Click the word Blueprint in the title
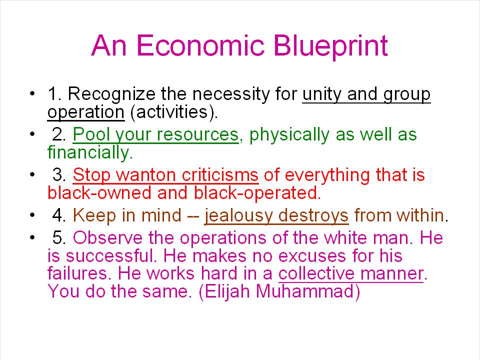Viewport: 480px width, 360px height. (331, 46)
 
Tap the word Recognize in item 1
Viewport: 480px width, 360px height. (111, 94)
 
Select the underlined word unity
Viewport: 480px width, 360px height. (321, 94)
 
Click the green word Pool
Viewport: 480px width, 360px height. (91, 134)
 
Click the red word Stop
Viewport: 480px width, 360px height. (91, 175)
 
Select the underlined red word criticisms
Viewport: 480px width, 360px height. (220, 175)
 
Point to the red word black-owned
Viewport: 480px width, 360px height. (99, 193)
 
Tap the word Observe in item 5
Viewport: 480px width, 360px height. (108, 238)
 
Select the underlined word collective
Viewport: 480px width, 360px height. (315, 273)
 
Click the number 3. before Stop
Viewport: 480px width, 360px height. (59, 175)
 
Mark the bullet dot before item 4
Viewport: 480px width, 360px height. (32, 215)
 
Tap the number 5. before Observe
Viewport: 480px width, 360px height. (59, 238)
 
